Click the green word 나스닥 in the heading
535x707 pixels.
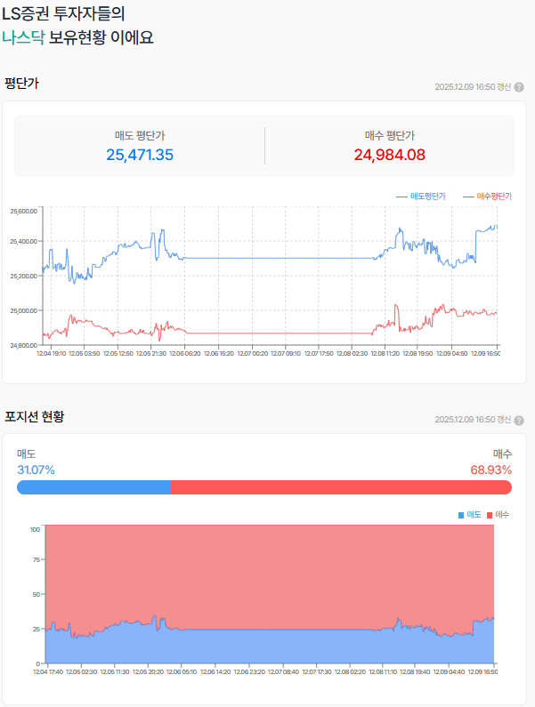24,37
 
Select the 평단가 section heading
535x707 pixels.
21,84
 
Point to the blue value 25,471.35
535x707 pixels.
140,155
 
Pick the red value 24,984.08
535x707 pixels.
389,155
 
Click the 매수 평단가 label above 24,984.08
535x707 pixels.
389,135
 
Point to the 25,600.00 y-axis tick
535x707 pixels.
23,211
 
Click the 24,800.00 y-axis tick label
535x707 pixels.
23,345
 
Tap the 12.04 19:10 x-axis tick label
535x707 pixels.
50,353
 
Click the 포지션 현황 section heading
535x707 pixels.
34,416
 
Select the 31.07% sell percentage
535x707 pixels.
36,470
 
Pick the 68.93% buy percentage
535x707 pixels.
491,470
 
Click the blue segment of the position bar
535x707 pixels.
93,486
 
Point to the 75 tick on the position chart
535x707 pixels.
35,561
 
